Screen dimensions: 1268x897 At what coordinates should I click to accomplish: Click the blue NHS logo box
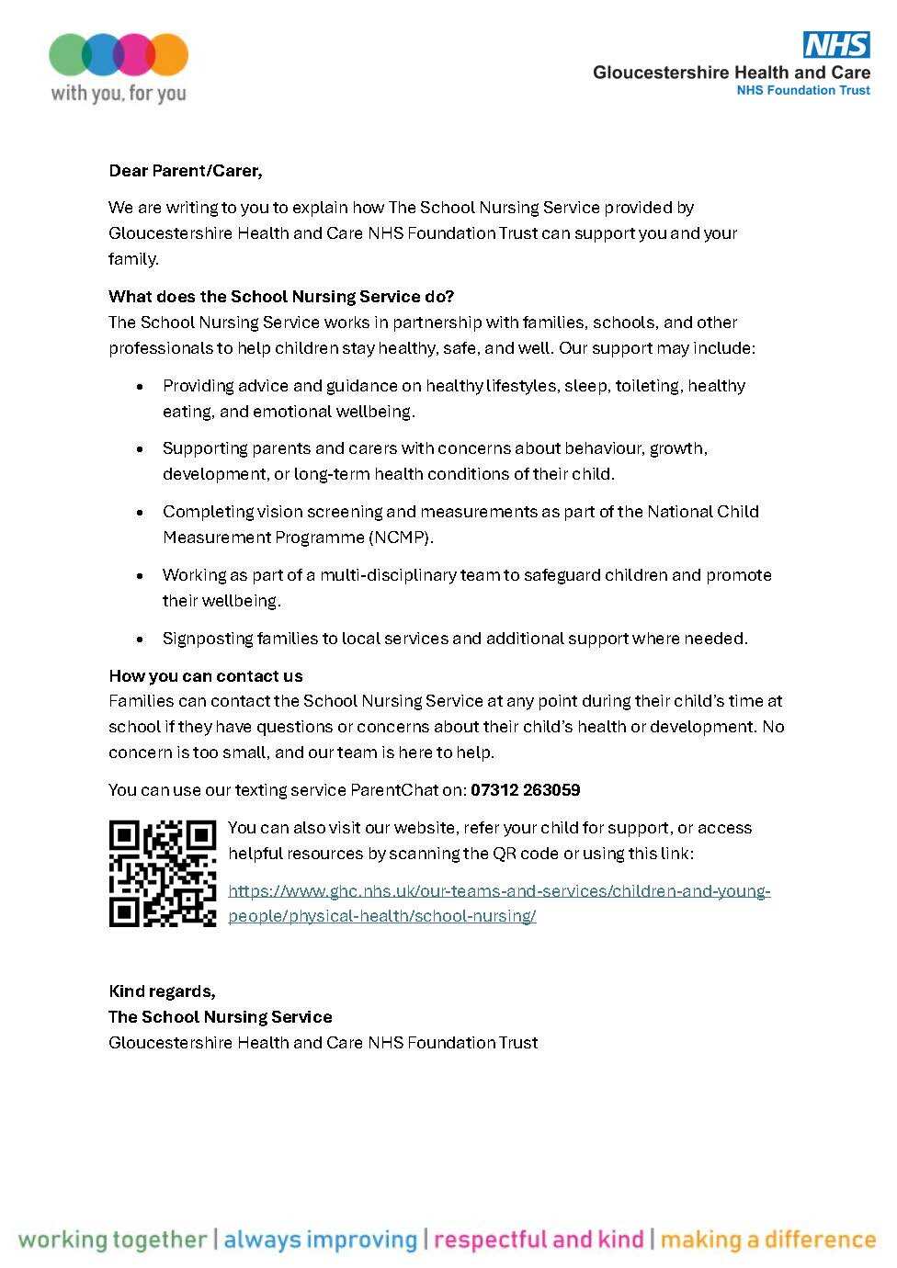(x=836, y=44)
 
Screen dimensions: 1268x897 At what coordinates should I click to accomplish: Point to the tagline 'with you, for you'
(x=118, y=93)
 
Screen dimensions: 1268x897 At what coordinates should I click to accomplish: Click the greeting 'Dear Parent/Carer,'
(x=185, y=171)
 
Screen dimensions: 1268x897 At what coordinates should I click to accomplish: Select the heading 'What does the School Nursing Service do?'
(x=280, y=296)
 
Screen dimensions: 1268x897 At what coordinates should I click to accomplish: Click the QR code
(x=163, y=873)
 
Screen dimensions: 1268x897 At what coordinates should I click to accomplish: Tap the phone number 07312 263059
(x=525, y=790)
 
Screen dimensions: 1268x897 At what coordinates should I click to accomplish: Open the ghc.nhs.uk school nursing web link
(x=499, y=891)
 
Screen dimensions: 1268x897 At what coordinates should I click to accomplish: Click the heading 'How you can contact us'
(x=205, y=676)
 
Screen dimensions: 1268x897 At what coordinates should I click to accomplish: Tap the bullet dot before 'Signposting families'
(x=140, y=639)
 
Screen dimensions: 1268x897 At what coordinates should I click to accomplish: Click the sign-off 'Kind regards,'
(x=162, y=991)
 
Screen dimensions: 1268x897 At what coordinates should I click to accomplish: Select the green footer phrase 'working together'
(x=112, y=1240)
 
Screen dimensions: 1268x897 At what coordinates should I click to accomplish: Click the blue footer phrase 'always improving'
(x=320, y=1240)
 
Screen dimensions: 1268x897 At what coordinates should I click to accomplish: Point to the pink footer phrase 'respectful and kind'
(x=539, y=1240)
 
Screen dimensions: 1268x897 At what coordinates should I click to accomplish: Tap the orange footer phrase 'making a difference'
(x=768, y=1240)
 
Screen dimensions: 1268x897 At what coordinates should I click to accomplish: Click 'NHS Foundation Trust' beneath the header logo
(x=802, y=90)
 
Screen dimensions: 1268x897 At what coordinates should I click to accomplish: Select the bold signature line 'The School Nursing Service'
(x=220, y=1017)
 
